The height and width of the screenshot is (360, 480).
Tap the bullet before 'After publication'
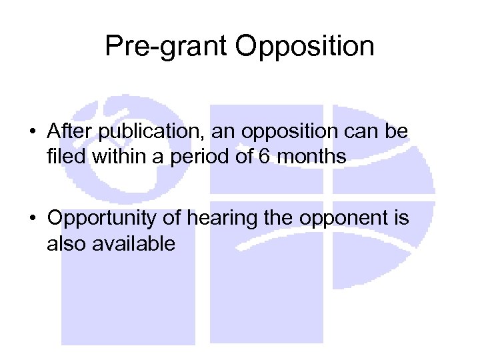pos(31,133)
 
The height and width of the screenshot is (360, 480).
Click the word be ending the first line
pos(399,132)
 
